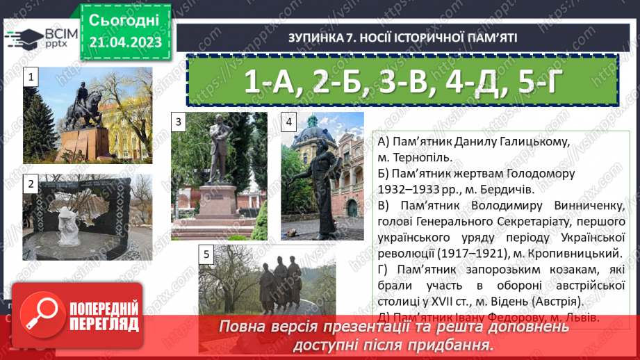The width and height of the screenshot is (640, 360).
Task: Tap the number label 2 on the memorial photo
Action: point(31,183)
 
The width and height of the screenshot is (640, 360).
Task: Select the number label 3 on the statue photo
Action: point(179,122)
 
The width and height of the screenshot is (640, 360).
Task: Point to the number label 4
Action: point(288,122)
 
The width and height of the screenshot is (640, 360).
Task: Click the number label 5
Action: point(206,254)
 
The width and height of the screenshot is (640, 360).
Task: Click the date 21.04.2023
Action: point(125,42)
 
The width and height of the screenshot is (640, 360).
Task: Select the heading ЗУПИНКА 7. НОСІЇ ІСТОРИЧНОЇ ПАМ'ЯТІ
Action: point(402,38)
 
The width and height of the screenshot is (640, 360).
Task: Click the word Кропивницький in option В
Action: point(576,253)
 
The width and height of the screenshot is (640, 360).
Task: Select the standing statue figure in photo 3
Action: point(217,149)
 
